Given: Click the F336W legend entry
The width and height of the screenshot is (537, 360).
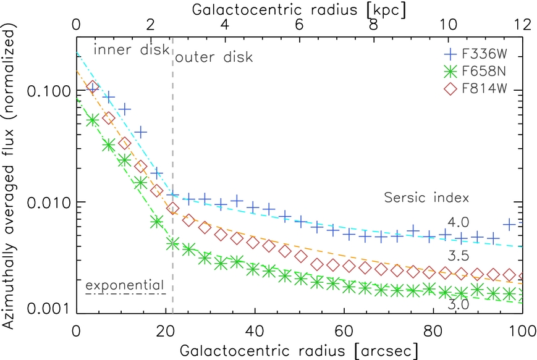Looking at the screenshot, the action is pos(476,54).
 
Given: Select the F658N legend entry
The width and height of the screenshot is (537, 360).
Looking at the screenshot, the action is pos(475,72).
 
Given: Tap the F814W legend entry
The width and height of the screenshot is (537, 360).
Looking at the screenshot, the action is pos(475,89).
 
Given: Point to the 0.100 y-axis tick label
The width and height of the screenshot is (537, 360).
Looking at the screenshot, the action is pos(48,91).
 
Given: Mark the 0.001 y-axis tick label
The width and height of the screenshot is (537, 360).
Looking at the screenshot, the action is pos(48,309).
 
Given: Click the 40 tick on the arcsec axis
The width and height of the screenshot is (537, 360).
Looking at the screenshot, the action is pos(255,331).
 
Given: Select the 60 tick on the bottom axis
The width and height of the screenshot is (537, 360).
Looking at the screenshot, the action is pos(344,331).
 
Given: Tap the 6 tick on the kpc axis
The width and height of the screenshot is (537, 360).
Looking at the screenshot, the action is pos(299,25).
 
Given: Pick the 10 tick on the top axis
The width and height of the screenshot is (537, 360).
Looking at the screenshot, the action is pos(448,25).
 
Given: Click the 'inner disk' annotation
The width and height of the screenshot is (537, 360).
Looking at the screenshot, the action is pos(132,49).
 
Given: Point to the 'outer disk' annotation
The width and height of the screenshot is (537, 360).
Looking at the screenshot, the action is pos(214,57).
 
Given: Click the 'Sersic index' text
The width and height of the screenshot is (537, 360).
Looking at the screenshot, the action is pos(426,198).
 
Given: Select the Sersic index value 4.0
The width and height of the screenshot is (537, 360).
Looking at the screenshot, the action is pos(459,222).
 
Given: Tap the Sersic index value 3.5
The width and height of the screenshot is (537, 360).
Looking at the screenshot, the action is pos(459,256).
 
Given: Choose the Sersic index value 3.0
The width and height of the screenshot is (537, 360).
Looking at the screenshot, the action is pos(459,304).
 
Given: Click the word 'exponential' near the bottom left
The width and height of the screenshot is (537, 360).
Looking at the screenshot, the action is pos(125,285).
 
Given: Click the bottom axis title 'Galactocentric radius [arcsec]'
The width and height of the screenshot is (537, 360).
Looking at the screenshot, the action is pos(298,351).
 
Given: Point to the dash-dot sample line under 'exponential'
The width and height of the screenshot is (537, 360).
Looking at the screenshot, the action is pos(125,293).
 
